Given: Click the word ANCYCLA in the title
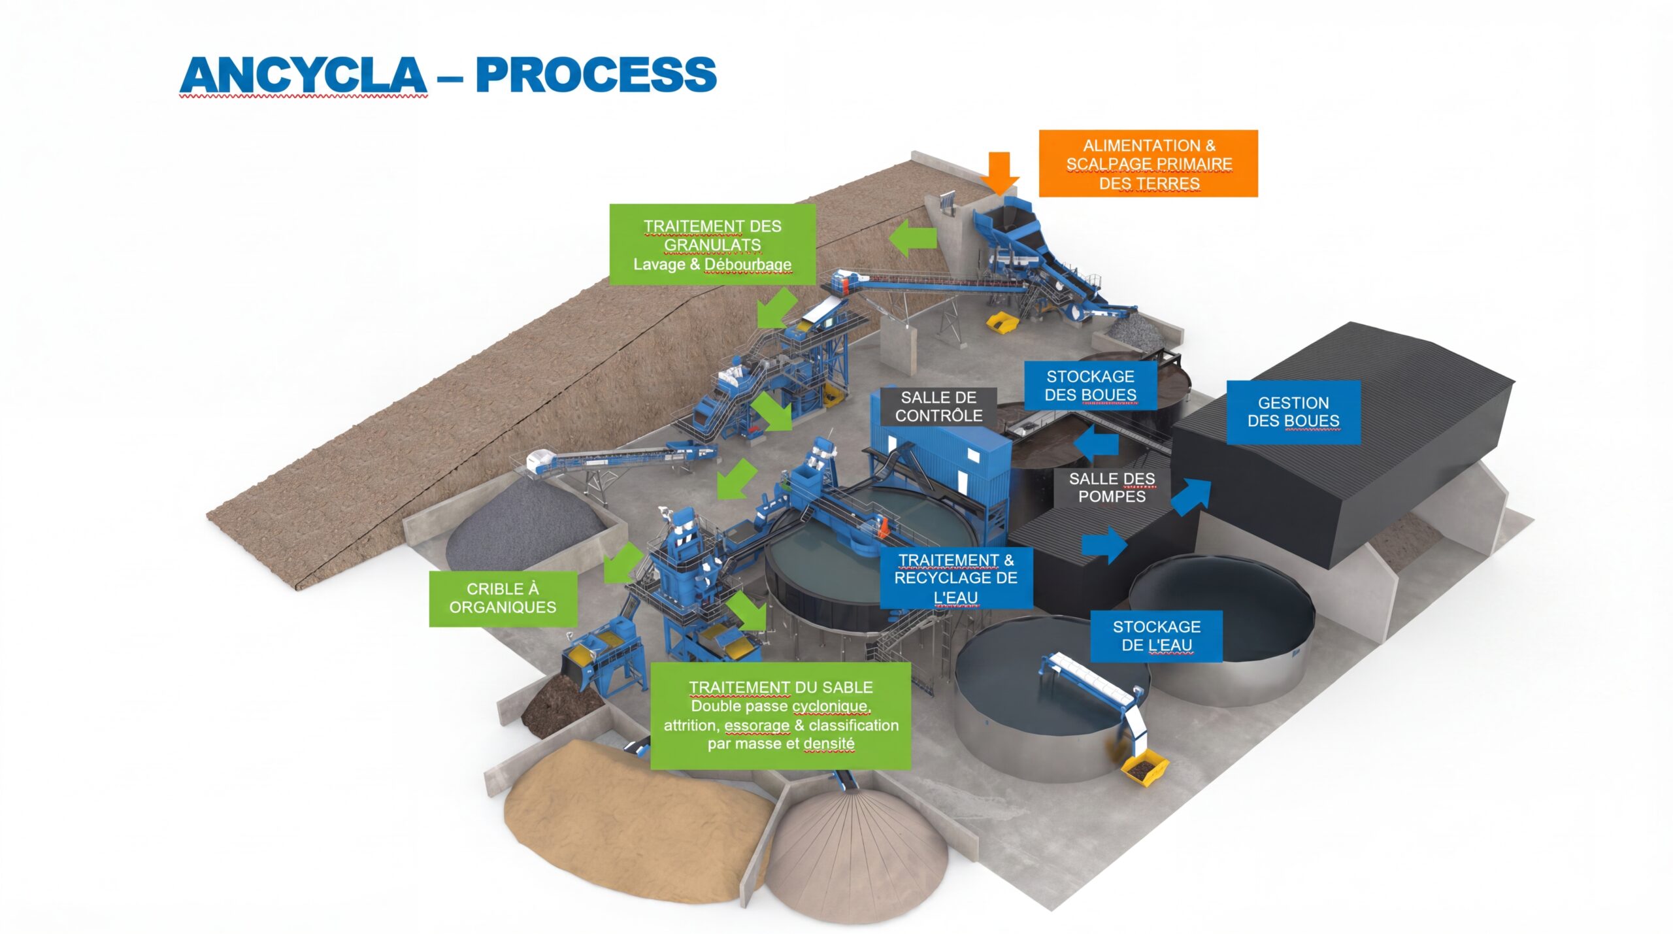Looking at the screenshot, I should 303,75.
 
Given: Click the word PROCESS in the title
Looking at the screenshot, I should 596,75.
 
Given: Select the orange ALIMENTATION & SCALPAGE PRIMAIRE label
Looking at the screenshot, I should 1148,163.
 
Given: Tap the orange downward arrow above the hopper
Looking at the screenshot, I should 999,173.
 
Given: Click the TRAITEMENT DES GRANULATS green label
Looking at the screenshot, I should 712,244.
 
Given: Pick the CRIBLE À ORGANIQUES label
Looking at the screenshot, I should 503,599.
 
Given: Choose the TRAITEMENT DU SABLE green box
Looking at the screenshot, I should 780,716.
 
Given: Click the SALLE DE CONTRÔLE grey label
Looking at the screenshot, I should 938,407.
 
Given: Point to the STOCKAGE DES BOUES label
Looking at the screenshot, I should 1090,386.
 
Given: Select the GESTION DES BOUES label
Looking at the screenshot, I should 1293,412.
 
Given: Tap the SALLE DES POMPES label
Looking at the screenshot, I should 1112,488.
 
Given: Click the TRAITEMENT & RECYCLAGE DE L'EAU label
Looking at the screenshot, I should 955,578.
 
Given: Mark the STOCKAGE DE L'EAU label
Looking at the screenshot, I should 1156,636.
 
